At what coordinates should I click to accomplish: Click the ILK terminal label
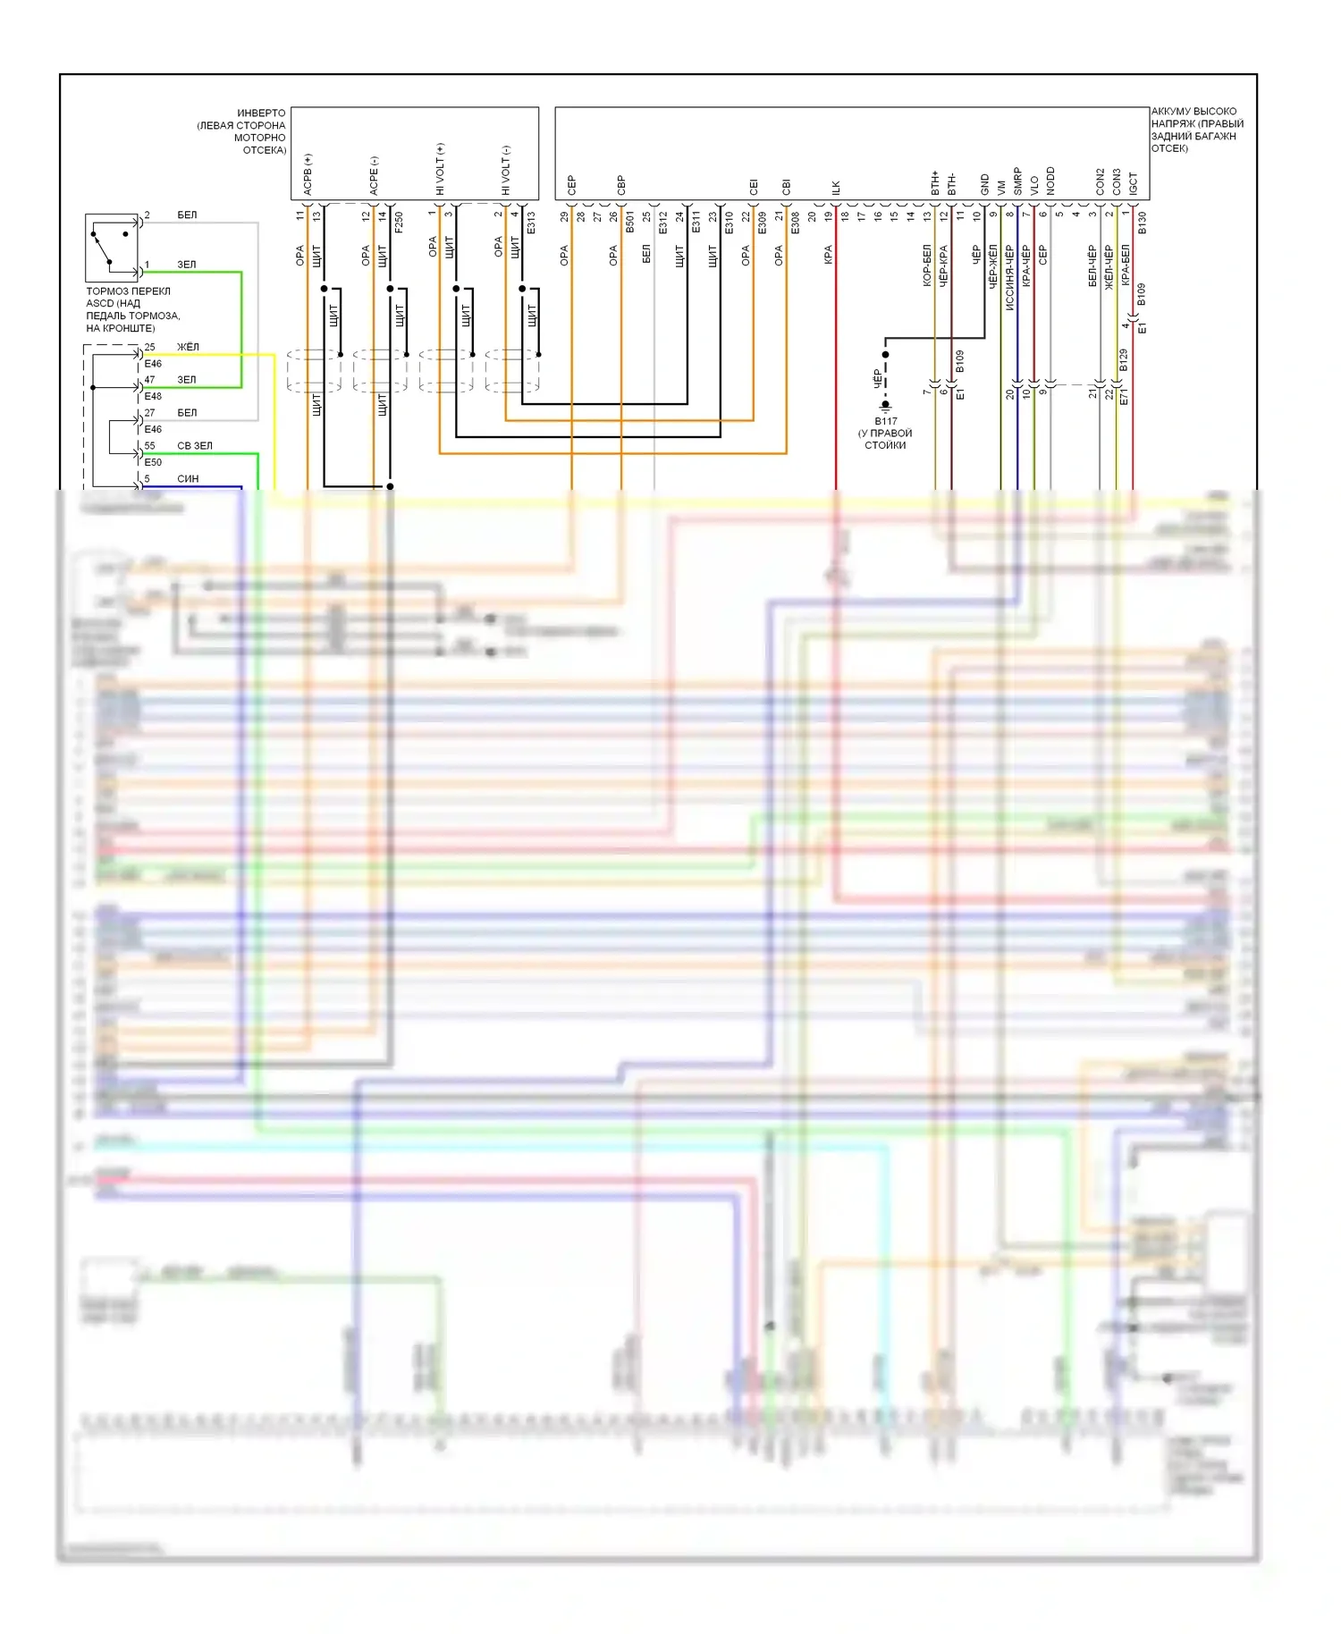836,188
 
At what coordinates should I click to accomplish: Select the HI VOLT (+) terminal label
440,169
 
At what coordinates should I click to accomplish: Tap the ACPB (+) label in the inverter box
308,174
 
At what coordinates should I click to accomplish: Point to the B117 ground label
885,421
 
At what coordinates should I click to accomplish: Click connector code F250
399,222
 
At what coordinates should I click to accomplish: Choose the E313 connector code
531,222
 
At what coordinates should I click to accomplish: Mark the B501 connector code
630,222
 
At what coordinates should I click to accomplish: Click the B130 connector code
1142,223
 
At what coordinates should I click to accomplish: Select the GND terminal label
984,184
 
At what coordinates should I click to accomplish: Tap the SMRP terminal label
1017,181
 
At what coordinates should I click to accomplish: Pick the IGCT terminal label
1133,183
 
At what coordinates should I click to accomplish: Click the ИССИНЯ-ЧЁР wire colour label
1009,277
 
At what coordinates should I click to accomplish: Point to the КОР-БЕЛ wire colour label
927,265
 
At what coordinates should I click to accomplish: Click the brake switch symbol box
111,248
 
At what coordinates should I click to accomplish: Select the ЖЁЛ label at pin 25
188,347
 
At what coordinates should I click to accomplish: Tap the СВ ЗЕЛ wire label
195,445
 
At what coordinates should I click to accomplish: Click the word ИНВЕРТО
261,114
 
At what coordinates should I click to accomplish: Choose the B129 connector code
1124,360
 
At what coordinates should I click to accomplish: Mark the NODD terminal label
1050,181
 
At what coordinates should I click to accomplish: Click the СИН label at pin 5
188,478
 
